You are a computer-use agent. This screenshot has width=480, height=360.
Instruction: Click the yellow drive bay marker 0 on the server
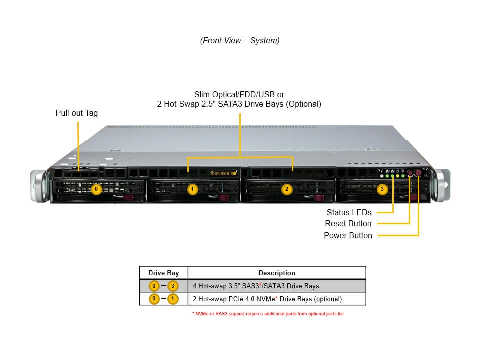click(x=97, y=189)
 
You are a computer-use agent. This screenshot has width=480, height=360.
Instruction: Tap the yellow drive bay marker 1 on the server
click(x=192, y=189)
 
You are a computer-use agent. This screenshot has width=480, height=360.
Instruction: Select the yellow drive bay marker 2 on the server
click(x=287, y=189)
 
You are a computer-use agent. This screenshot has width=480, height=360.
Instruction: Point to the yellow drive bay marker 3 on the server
click(x=382, y=189)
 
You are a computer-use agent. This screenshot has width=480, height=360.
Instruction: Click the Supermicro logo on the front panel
click(x=223, y=173)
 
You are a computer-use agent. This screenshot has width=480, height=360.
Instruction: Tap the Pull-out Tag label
click(x=77, y=113)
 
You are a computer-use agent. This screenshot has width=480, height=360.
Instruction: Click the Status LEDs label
click(x=349, y=212)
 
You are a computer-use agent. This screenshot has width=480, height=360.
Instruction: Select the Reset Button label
click(x=348, y=224)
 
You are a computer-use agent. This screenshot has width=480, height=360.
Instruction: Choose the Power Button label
click(x=348, y=235)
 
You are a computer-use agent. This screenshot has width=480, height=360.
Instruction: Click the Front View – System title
click(x=240, y=41)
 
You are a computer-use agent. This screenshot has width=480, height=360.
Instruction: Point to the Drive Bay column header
click(x=163, y=273)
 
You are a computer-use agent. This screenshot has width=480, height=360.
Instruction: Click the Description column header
click(x=276, y=273)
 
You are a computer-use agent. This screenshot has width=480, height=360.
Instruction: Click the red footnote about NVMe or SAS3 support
click(x=268, y=314)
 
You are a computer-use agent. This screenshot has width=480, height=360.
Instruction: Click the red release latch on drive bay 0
click(x=129, y=199)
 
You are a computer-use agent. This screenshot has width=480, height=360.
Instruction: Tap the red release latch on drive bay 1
click(x=224, y=199)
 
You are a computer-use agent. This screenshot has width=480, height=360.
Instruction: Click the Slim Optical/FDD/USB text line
click(x=239, y=94)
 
